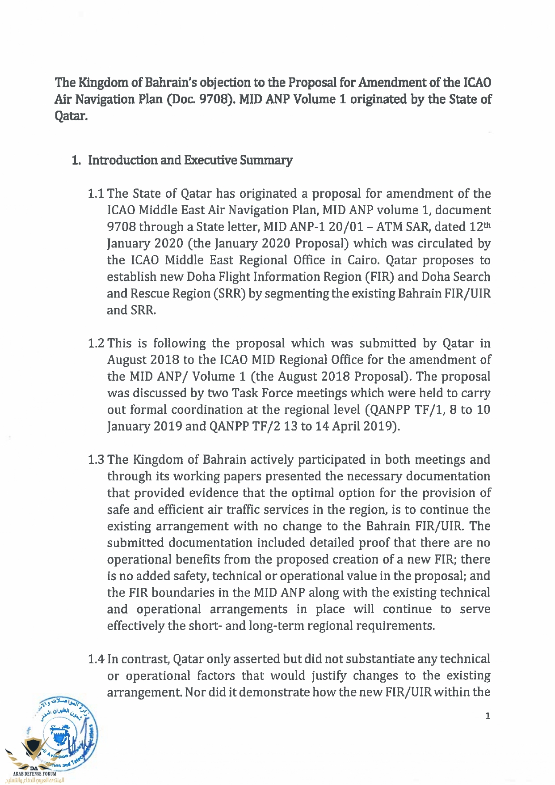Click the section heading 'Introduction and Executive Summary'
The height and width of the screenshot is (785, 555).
pos(190,160)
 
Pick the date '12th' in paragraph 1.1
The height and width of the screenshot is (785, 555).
pos(480,227)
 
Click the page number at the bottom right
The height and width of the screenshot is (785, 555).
pos(488,716)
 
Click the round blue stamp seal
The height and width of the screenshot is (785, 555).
pos(67,734)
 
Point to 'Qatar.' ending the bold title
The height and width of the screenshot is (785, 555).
pos(71,116)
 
